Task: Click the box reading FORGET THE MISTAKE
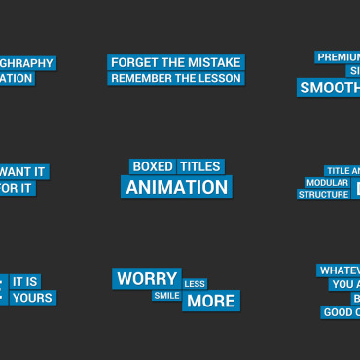174,62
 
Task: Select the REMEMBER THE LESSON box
174,78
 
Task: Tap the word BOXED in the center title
152,167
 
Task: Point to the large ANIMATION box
176,187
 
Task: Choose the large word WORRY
147,279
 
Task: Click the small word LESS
195,284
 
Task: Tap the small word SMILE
166,295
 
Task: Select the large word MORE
211,301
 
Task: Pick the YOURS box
32,297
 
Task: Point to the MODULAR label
327,182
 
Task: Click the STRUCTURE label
323,194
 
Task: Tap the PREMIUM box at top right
338,56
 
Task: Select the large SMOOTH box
329,88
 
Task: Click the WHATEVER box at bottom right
339,270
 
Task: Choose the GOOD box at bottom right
340,312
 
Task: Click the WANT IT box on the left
23,171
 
